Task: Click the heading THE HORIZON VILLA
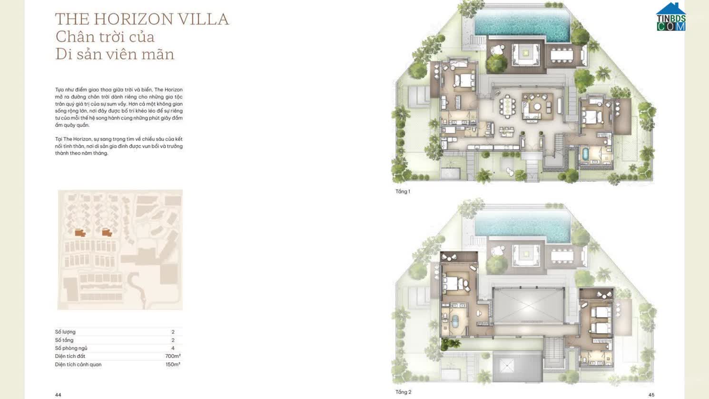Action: tap(142, 19)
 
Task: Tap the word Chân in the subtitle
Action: tap(71, 37)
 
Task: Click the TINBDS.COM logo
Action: tap(670, 18)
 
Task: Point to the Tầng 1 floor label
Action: tap(403, 191)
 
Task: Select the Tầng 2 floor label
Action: tap(403, 392)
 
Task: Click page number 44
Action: tap(58, 395)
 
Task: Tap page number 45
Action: tap(651, 395)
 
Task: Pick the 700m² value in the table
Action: tap(173, 356)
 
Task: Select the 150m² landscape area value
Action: tap(173, 364)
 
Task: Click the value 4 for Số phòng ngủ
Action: tap(173, 348)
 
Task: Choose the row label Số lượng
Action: tap(65, 332)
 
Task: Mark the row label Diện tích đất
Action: tap(70, 356)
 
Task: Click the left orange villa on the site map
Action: tap(80, 232)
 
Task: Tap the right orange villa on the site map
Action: tap(107, 232)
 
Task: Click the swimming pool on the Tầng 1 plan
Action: tap(522, 23)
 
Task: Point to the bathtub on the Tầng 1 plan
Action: tap(585, 154)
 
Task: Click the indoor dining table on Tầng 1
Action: tap(507, 106)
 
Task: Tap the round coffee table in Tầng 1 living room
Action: tap(537, 107)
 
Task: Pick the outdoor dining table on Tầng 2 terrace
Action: tap(562, 256)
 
